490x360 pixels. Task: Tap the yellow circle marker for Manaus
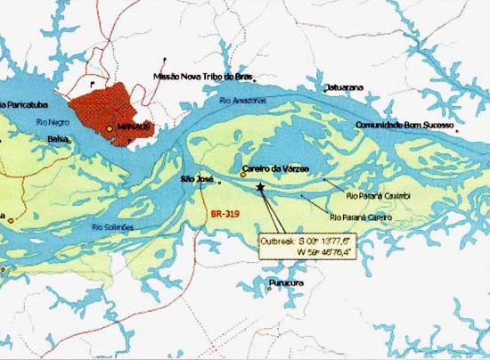pos(110,129)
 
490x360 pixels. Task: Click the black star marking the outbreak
pos(260,186)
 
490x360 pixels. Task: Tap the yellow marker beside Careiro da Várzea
pos(243,175)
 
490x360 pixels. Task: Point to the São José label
pos(197,179)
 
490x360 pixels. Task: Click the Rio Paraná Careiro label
pos(361,217)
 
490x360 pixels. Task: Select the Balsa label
pos(58,139)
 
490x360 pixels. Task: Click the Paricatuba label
pos(20,105)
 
